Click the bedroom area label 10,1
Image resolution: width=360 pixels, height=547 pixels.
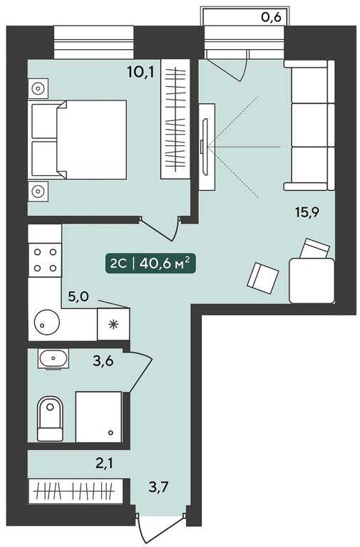click(x=140, y=72)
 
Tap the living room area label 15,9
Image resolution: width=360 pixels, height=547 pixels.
click(x=308, y=212)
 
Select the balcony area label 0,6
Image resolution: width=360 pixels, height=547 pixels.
click(x=272, y=17)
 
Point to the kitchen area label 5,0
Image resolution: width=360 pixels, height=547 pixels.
click(x=78, y=297)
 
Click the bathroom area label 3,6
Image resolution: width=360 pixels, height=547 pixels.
click(x=103, y=361)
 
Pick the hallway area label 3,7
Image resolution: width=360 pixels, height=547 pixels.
click(x=158, y=486)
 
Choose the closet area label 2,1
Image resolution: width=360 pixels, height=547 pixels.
click(x=105, y=464)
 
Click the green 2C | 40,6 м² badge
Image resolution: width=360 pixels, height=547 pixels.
click(x=150, y=264)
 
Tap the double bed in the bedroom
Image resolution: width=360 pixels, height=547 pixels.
click(x=79, y=140)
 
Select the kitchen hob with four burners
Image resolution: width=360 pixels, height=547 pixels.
click(x=45, y=260)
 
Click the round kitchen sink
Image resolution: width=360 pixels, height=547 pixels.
click(x=47, y=322)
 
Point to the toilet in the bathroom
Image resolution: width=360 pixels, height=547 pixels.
click(x=50, y=419)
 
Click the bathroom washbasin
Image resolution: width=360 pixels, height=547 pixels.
click(x=53, y=358)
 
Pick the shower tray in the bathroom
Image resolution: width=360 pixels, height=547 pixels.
click(x=99, y=417)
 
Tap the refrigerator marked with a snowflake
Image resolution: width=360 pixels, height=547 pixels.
click(x=113, y=324)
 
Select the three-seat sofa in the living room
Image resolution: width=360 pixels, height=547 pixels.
click(x=309, y=125)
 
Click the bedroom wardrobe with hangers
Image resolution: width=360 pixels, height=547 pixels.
click(x=175, y=119)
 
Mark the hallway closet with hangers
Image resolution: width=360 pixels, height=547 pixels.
click(x=76, y=491)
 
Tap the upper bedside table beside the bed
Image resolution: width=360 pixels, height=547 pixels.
click(x=38, y=88)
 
